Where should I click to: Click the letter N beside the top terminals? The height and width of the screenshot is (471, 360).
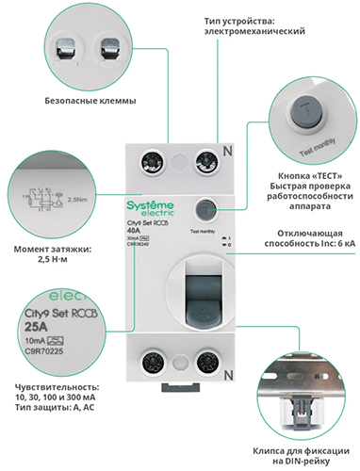[225, 152]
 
